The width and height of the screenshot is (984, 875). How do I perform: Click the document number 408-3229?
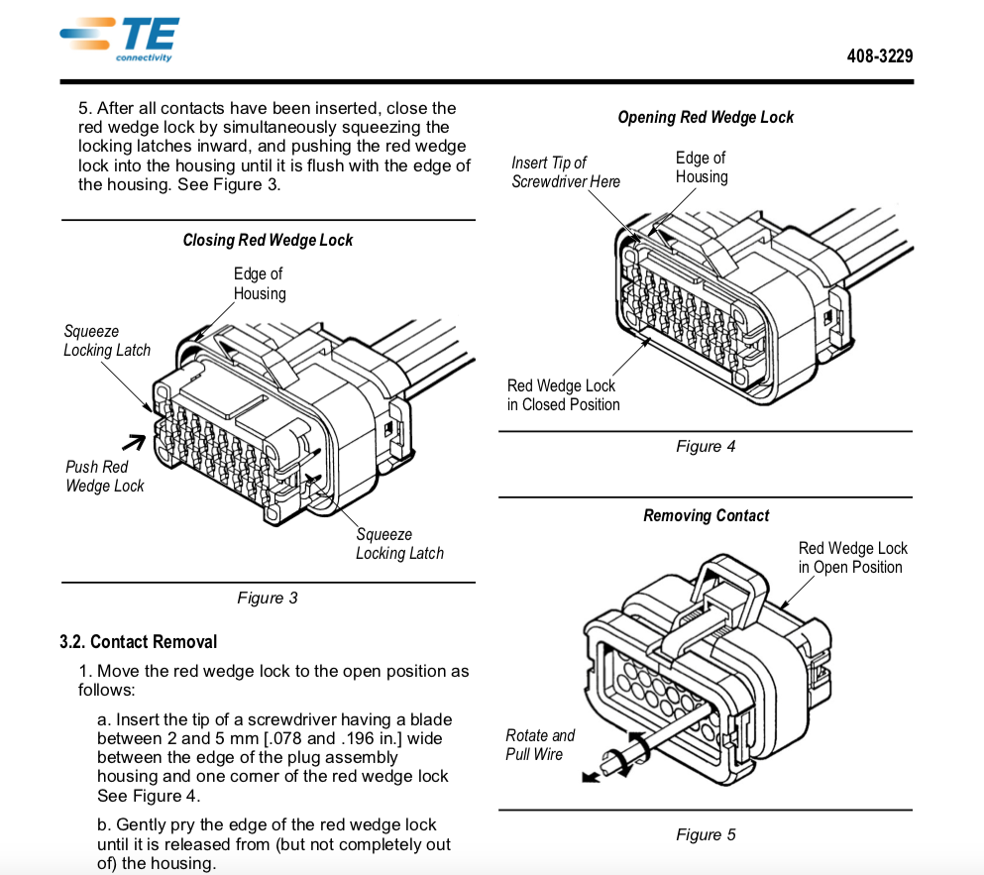point(879,56)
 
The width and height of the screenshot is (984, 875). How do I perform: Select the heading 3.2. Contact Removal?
point(138,642)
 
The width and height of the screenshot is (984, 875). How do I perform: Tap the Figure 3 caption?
point(267,598)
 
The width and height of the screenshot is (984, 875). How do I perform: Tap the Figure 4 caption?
point(706,446)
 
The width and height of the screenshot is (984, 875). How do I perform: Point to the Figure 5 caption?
point(706,834)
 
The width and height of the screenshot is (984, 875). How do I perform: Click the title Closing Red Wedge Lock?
point(268,240)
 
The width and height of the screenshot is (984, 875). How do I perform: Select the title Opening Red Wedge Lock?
point(706,117)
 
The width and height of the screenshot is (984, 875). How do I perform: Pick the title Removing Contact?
point(706,515)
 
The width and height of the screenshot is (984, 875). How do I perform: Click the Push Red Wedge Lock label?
point(104,476)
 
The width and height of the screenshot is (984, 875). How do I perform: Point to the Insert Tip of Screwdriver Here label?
point(565,171)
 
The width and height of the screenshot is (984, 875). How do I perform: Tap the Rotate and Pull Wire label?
point(540,744)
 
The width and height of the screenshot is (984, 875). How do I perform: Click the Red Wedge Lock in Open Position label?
point(852,557)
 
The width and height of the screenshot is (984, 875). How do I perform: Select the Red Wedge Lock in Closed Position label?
point(563,394)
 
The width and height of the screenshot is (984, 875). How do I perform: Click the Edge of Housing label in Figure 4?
point(702,166)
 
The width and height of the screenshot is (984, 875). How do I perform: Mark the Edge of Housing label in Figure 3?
point(259,283)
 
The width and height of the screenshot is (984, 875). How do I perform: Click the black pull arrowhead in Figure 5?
point(591,777)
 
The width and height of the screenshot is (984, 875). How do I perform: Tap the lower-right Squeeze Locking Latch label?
point(399,543)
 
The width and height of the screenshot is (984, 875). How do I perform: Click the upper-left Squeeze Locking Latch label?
point(107,341)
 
